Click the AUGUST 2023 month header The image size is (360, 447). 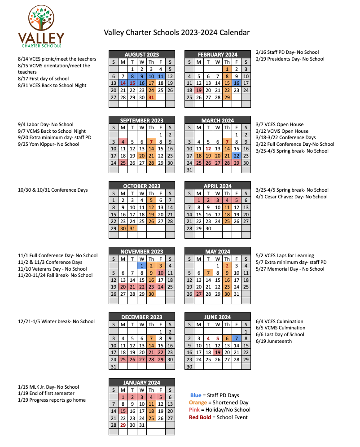coord(141,55)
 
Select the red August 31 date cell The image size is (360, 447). coord(151,97)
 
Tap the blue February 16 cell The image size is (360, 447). coord(237,83)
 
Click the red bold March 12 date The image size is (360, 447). coord(208,149)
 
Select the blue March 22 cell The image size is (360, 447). coord(237,155)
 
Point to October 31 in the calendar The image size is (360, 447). coord(132,228)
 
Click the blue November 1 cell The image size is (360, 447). coord(142,266)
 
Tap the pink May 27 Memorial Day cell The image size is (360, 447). coord(198,294)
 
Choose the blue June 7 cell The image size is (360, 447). coord(237,338)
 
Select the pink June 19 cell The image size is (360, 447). coord(217,352)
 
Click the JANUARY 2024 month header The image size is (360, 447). coord(141,382)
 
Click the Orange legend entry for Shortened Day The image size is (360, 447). coord(219,403)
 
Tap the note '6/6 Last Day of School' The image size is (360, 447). coord(280,334)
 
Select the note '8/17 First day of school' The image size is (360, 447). coord(43,79)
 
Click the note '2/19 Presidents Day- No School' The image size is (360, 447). coord(290,59)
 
